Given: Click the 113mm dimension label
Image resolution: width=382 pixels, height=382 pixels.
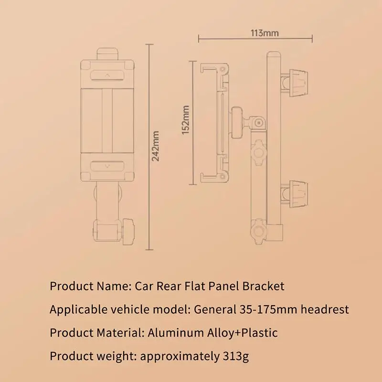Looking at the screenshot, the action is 265,33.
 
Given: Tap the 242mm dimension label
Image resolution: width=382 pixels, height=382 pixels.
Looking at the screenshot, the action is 156,146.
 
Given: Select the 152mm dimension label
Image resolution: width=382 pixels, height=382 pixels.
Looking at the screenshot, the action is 186,120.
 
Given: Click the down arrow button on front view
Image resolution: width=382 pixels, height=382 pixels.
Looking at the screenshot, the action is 107,166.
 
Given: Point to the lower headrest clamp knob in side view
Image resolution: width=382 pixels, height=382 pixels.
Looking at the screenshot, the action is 298,191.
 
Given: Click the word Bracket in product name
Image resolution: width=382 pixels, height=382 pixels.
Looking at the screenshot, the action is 263,286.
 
